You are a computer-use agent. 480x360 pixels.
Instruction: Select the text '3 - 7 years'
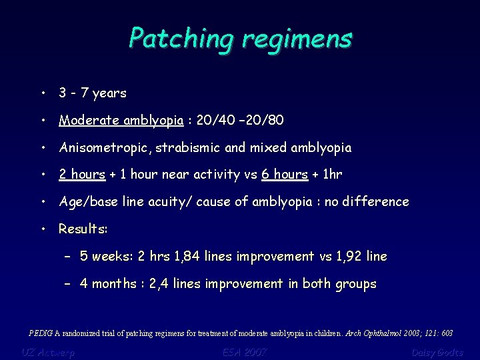pyautogui.click(x=92, y=93)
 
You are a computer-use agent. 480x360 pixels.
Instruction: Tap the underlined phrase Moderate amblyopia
pyautogui.click(x=121, y=121)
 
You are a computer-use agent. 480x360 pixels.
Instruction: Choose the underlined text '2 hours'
pyautogui.click(x=82, y=175)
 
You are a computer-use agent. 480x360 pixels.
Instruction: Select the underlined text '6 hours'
pyautogui.click(x=285, y=175)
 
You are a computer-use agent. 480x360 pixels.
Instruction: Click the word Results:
pyautogui.click(x=83, y=229)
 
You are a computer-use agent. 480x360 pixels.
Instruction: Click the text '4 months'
pyautogui.click(x=107, y=284)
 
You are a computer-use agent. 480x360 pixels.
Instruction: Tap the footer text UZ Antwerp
pyautogui.click(x=48, y=352)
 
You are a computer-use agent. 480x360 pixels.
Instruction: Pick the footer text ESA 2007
pyautogui.click(x=237, y=352)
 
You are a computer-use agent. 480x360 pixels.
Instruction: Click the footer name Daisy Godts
pyautogui.click(x=437, y=352)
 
